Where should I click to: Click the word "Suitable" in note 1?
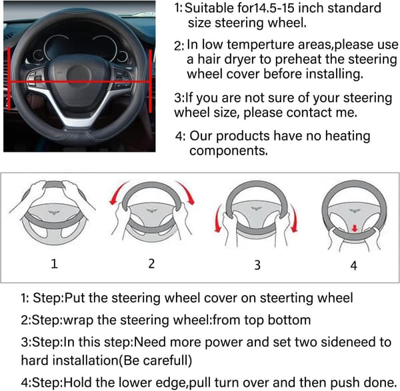[x=209, y=8]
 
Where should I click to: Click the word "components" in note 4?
[x=228, y=151]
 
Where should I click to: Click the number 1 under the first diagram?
[x=54, y=263]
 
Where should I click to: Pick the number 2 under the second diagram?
[x=151, y=263]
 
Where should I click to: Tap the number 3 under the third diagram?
[x=257, y=265]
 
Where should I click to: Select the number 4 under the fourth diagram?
[x=353, y=265]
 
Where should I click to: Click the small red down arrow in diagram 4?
[x=355, y=228]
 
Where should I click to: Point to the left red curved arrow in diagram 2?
[x=118, y=193]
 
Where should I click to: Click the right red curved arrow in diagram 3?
[x=293, y=218]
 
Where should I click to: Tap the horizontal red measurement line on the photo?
[x=79, y=82]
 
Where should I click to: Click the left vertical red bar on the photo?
[x=9, y=78]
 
